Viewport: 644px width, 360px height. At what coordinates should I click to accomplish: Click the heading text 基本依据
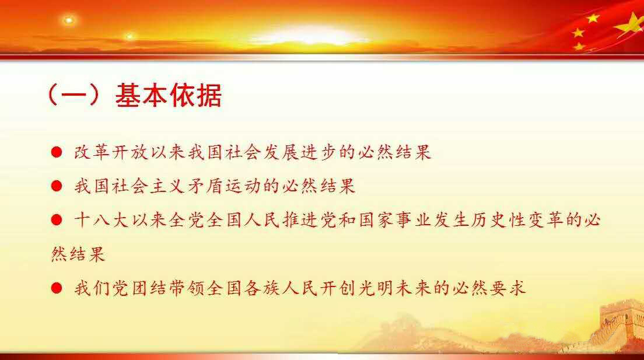click(x=169, y=95)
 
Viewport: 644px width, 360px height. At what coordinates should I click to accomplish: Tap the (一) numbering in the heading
click(x=74, y=95)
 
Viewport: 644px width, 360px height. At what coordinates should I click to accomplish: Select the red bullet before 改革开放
click(x=57, y=152)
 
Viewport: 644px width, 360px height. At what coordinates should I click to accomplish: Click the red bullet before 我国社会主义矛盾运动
click(x=57, y=186)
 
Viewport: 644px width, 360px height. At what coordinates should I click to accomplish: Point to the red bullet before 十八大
click(x=57, y=220)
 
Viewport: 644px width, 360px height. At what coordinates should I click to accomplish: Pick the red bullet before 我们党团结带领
click(x=57, y=288)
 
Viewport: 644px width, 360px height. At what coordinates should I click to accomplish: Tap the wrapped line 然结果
click(x=78, y=254)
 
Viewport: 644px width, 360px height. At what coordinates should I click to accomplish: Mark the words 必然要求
click(x=489, y=288)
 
